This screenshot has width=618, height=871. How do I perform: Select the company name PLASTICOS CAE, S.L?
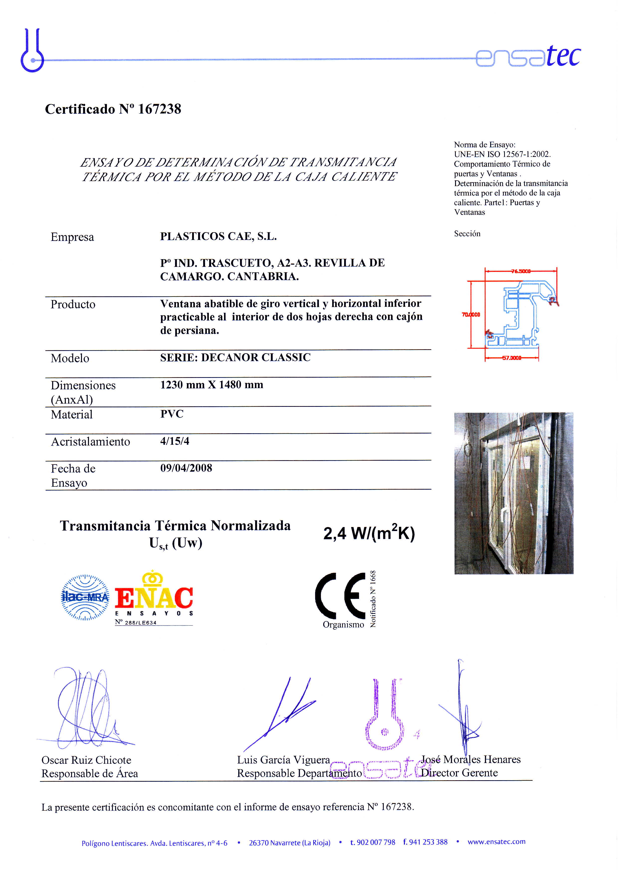(218, 236)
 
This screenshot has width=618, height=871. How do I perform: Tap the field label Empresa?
(72, 237)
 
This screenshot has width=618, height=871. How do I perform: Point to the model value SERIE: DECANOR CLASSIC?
(235, 358)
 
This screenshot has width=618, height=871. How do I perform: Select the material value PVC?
(172, 414)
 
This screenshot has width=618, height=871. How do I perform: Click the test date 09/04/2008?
(186, 468)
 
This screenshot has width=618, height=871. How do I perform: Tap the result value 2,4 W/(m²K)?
(369, 533)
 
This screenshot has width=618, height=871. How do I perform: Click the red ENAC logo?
(154, 596)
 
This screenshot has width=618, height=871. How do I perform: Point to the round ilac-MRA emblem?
(85, 597)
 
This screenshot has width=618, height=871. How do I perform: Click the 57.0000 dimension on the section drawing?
(511, 358)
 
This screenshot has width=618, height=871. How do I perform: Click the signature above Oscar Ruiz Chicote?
(86, 708)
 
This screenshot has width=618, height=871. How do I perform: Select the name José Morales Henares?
(471, 760)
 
